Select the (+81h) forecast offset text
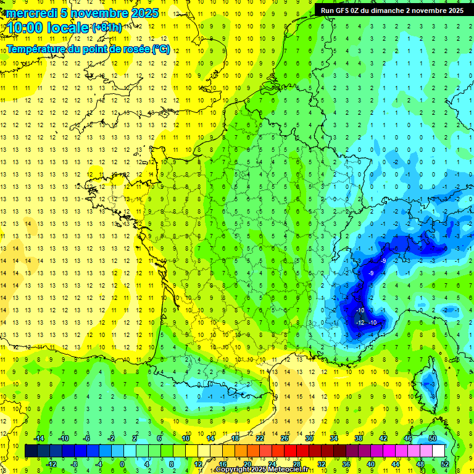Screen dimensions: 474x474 pyautogui.click(x=106, y=28)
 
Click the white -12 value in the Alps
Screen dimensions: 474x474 pyautogui.click(x=361, y=323)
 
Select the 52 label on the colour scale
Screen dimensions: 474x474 pyautogui.click(x=444, y=464)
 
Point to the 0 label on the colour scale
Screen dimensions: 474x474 pyautogui.click(x=122, y=464)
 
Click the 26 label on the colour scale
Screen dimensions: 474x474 pyautogui.click(x=285, y=438)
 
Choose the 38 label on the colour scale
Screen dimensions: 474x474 pyautogui.click(x=358, y=438)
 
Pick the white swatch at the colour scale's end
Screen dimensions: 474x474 pyautogui.click(x=438, y=451)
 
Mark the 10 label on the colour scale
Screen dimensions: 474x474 pyautogui.click(x=186, y=438)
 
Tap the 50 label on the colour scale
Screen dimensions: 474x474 pyautogui.click(x=432, y=438)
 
